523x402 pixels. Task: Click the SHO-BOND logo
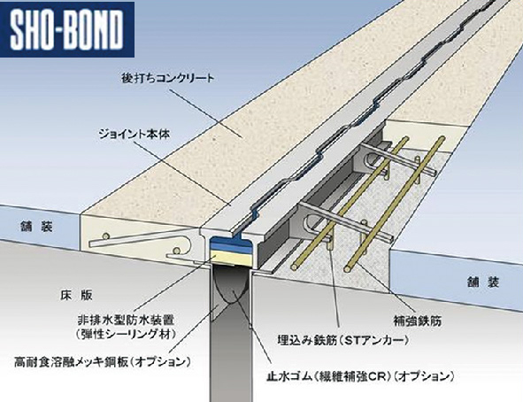pyautogui.click(x=66, y=29)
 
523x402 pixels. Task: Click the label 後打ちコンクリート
pyautogui.click(x=168, y=79)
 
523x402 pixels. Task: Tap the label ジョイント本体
pyautogui.click(x=135, y=135)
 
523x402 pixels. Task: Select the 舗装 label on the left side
pyautogui.click(x=36, y=228)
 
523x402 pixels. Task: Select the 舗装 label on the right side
pyautogui.click(x=483, y=282)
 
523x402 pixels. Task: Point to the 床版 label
pyautogui.click(x=76, y=295)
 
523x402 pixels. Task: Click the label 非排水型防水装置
pyautogui.click(x=126, y=321)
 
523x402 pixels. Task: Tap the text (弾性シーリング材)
pyautogui.click(x=126, y=335)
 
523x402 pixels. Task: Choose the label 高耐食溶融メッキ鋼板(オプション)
pyautogui.click(x=103, y=361)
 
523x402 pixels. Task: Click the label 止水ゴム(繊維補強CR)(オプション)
pyautogui.click(x=360, y=376)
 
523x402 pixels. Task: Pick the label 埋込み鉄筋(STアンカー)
pyautogui.click(x=343, y=340)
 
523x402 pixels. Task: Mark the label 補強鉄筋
pyautogui.click(x=418, y=321)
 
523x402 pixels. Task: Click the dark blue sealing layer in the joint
pyautogui.click(x=231, y=243)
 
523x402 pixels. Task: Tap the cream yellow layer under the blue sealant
pyautogui.click(x=230, y=259)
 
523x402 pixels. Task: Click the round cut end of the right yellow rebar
pyautogui.click(x=349, y=269)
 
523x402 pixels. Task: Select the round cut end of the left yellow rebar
pyautogui.click(x=296, y=267)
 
